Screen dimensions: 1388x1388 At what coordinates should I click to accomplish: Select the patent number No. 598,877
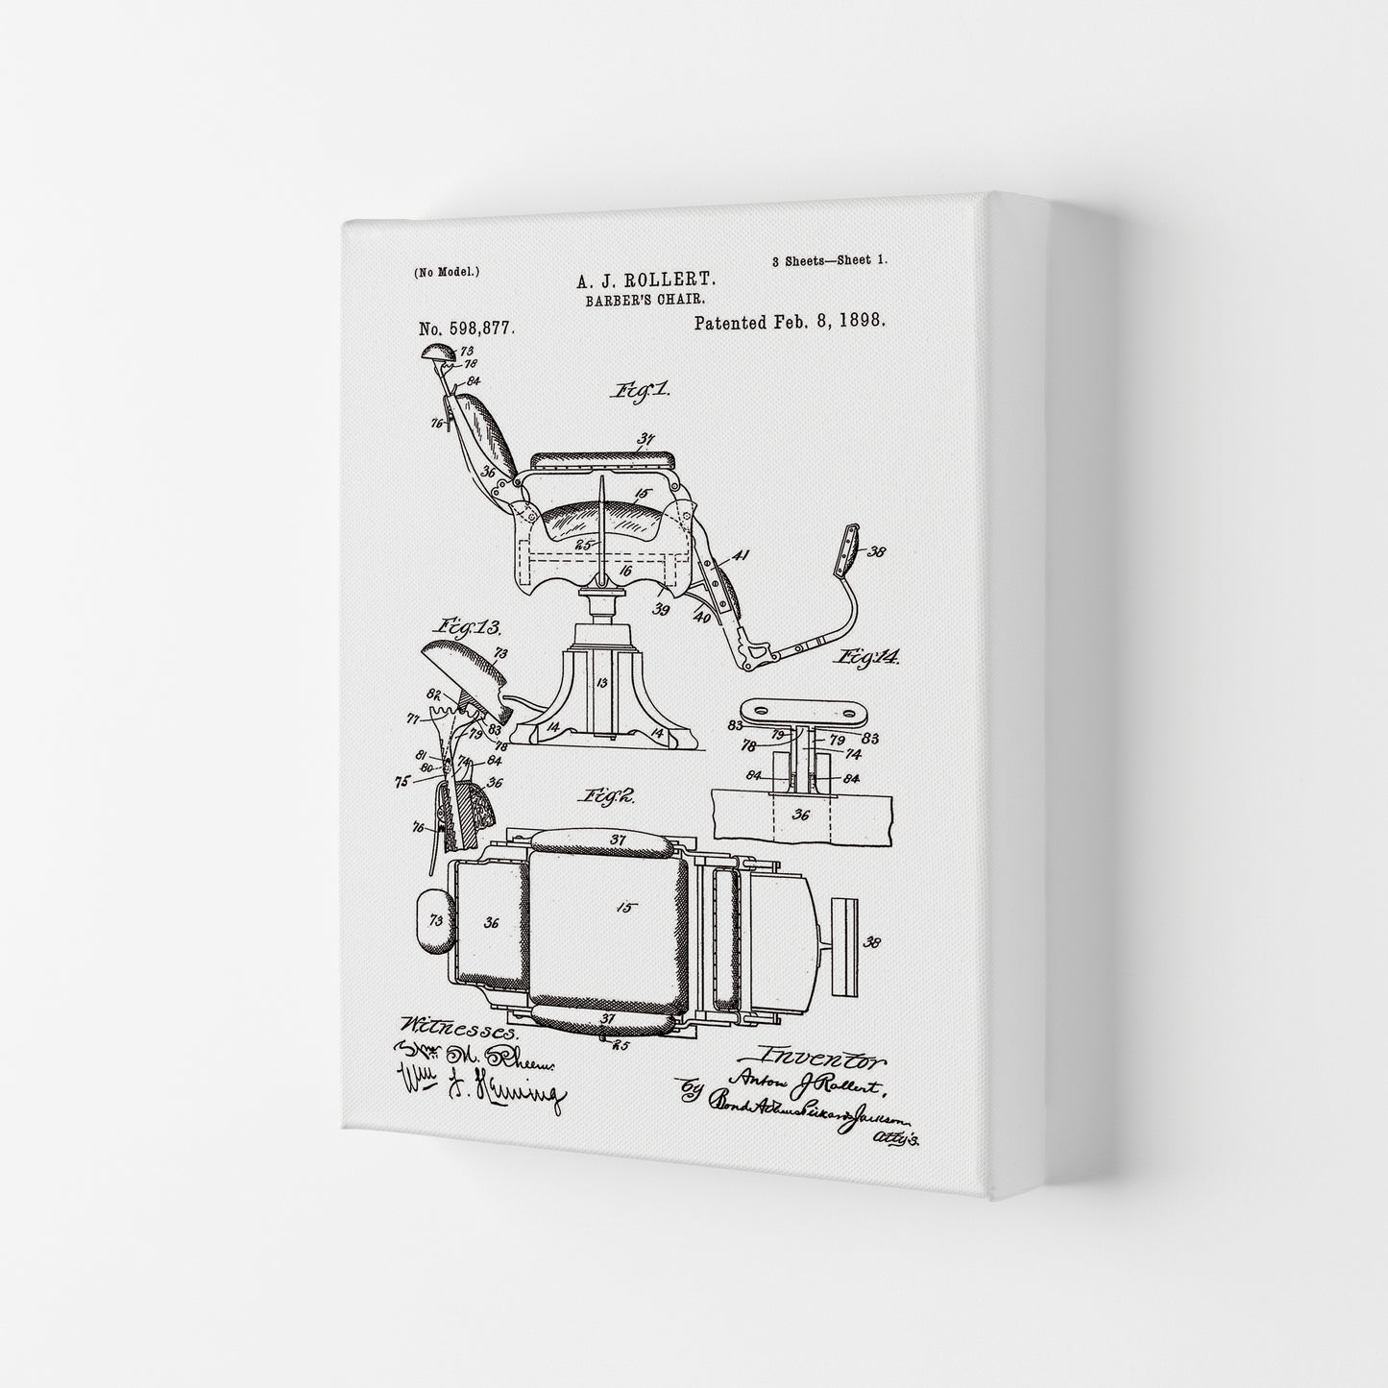467,328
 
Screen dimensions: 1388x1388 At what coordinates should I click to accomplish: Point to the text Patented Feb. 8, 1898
790,322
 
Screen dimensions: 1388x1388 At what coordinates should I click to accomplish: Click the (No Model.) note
447,272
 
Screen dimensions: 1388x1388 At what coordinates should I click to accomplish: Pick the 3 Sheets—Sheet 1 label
829,260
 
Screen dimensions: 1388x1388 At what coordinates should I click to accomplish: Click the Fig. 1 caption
639,391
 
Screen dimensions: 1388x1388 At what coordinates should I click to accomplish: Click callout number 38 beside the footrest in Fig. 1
877,551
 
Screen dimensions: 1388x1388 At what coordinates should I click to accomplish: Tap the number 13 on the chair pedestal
602,683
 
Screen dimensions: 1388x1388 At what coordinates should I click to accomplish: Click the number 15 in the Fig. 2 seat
625,906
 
